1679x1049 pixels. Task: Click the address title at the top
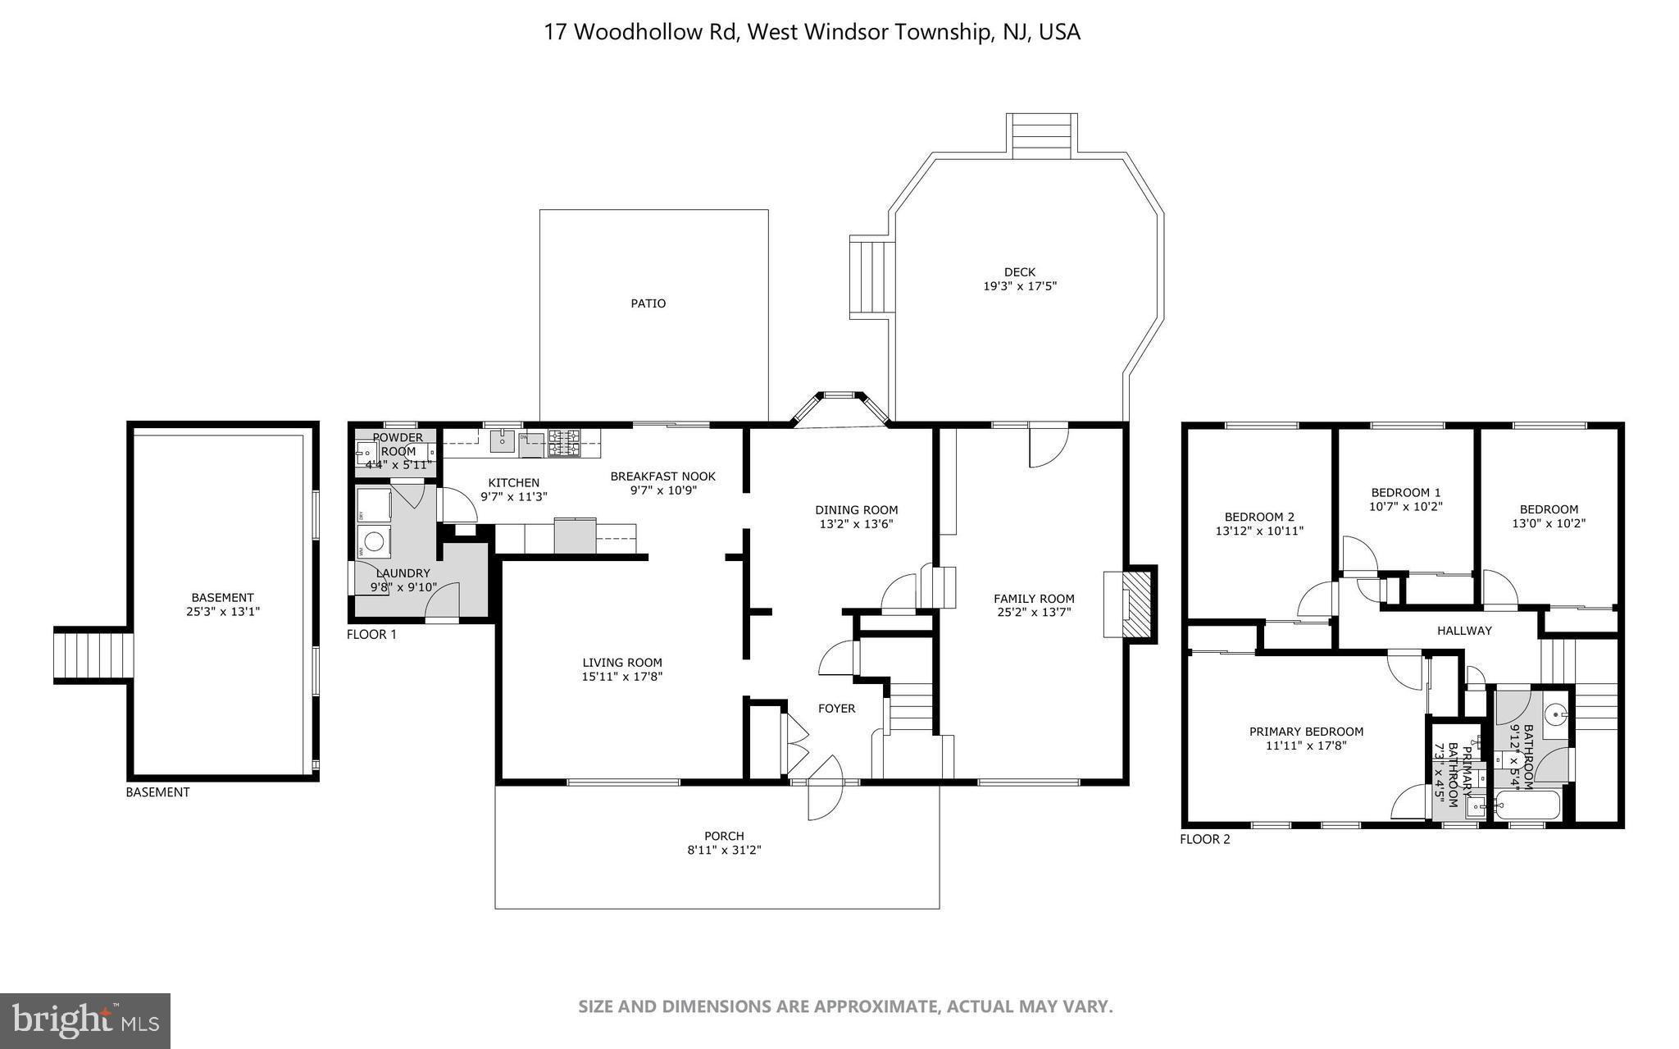point(812,32)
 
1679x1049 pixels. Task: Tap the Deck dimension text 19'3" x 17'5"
point(1019,286)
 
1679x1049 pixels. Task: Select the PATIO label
point(648,303)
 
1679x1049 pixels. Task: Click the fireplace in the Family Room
point(1136,604)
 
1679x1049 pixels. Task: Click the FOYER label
point(836,709)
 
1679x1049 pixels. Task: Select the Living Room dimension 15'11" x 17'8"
point(622,677)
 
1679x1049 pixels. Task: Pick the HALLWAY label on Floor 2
point(1464,631)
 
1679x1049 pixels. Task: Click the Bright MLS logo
point(85,1021)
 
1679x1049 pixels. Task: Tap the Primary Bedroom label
point(1306,732)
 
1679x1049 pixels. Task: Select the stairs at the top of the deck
point(1042,136)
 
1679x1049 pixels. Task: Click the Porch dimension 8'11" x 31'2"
point(724,851)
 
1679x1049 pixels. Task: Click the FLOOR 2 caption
point(1204,839)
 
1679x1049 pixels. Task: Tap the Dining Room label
point(856,509)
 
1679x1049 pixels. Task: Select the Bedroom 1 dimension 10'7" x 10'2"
point(1405,506)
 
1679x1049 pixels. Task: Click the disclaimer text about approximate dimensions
point(845,1006)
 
